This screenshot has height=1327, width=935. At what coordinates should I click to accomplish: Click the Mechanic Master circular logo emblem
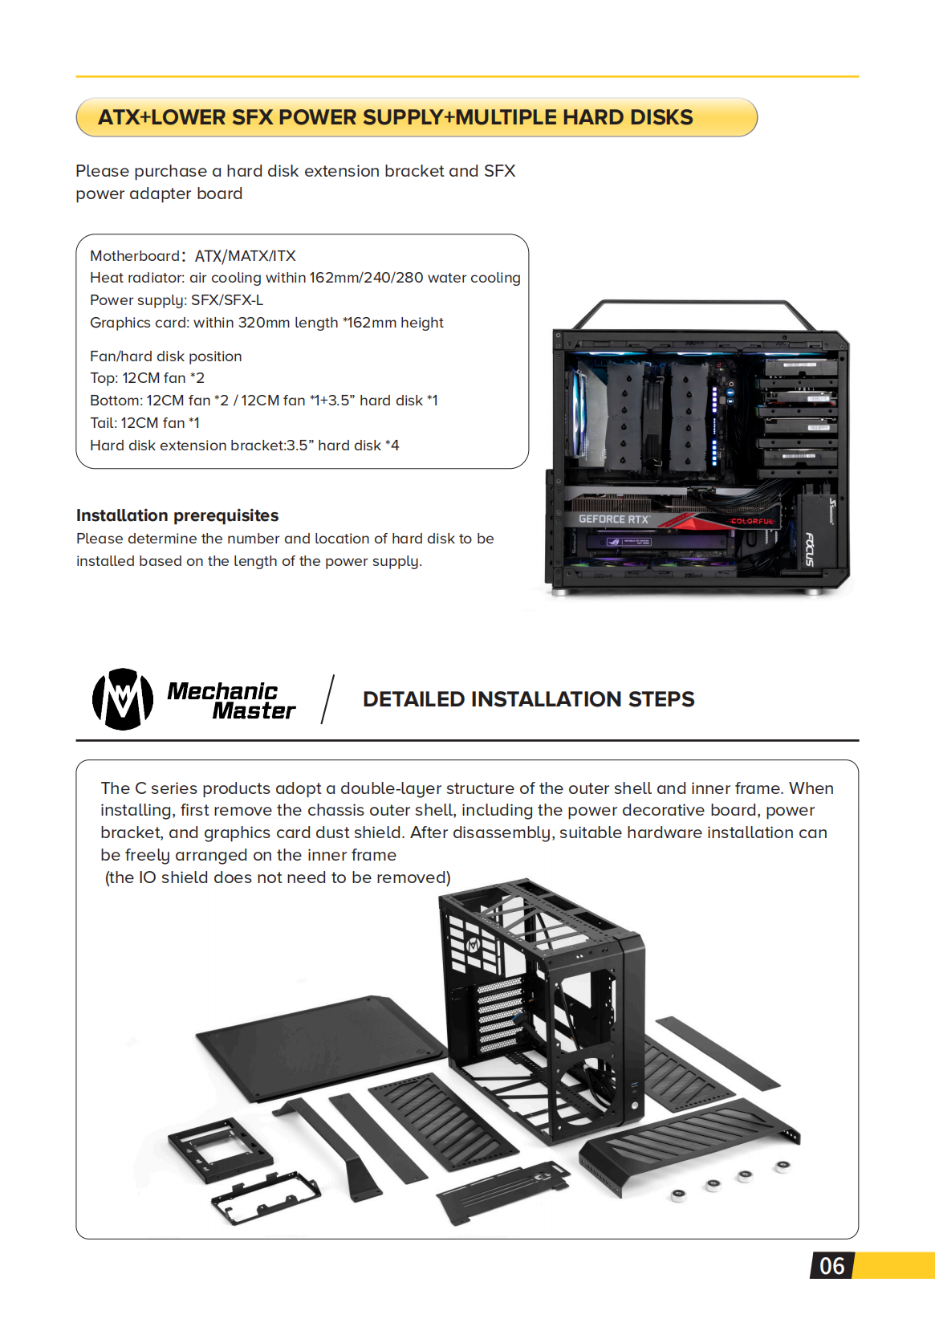[x=122, y=699]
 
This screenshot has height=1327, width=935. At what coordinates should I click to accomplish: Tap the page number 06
[x=831, y=1266]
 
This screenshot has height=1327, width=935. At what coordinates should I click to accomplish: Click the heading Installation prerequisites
[x=177, y=515]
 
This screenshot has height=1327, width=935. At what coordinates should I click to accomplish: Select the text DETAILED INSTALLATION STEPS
[x=528, y=699]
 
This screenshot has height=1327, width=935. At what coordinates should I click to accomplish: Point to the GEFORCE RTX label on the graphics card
[x=613, y=519]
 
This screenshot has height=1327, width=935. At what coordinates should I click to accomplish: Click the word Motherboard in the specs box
[x=135, y=256]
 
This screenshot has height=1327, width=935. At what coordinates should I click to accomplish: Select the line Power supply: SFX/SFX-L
[x=177, y=300]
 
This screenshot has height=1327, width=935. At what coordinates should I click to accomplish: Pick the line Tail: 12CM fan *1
[x=144, y=423]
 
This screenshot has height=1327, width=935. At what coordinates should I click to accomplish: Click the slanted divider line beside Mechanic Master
[x=327, y=699]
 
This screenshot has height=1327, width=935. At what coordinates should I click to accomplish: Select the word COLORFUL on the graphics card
[x=752, y=521]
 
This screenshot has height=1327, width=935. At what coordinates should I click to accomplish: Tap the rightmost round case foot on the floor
[x=783, y=1166]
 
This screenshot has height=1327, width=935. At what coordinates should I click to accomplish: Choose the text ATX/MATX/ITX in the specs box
[x=246, y=256]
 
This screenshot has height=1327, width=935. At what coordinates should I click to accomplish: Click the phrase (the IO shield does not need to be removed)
[x=278, y=877]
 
